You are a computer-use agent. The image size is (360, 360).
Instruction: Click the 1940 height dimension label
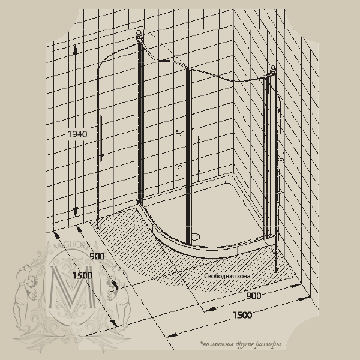[77, 134]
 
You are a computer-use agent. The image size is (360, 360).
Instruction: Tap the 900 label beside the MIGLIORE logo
[97, 256]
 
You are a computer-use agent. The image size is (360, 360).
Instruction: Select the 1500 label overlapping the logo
[83, 275]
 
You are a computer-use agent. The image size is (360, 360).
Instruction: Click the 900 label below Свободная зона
[254, 296]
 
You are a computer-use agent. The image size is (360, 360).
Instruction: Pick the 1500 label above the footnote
[242, 315]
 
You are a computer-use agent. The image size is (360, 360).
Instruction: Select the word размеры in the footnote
[269, 344]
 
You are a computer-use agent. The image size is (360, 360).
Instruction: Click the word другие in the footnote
[245, 344]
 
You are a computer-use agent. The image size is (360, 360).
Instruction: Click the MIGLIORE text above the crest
[71, 247]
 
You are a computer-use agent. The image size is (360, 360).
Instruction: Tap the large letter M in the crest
[73, 287]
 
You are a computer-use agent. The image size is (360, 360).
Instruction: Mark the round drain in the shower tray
[196, 236]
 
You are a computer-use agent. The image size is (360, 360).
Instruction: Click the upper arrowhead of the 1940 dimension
[75, 50]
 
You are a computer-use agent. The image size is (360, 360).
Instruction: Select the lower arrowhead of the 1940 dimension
[76, 212]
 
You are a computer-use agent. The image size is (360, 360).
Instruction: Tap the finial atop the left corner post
[139, 34]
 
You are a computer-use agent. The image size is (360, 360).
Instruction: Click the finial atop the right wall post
[273, 70]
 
